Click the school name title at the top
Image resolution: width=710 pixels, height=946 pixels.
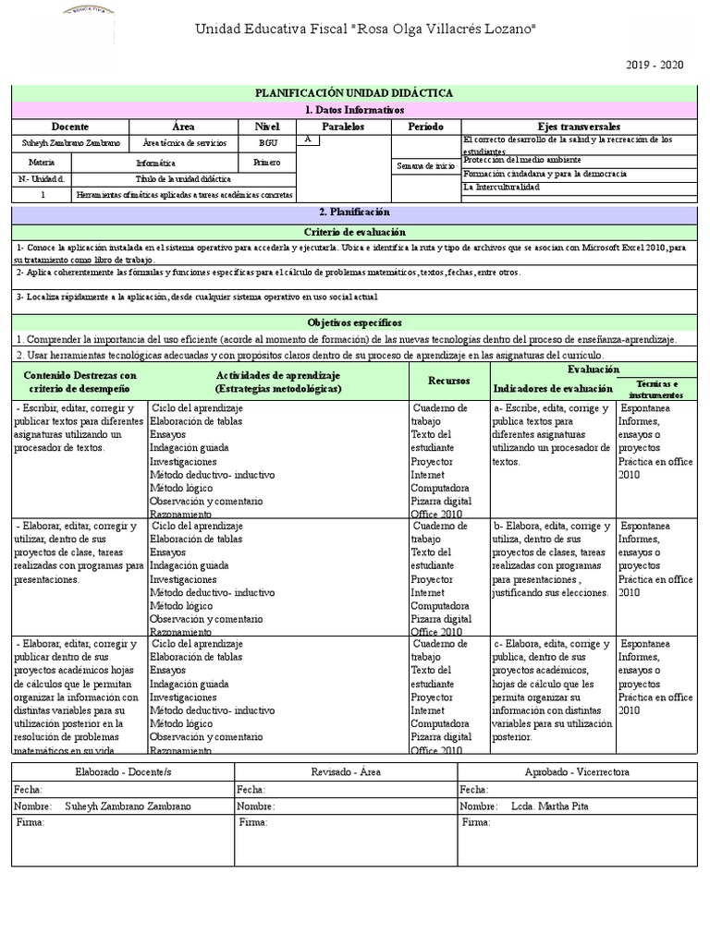365,30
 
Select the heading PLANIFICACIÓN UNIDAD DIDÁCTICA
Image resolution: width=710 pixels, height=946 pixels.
355,93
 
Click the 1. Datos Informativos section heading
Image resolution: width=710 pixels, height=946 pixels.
355,110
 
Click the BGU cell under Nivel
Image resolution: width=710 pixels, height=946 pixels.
268,143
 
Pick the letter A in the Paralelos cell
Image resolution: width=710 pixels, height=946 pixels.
307,139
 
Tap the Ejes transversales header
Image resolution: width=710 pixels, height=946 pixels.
580,126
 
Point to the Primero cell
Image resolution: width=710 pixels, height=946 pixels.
267,161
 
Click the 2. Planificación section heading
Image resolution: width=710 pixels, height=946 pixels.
355,212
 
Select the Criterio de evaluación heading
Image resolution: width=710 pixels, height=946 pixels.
355,231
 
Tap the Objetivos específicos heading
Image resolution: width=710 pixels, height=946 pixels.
355,322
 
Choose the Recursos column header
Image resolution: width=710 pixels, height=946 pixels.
448,380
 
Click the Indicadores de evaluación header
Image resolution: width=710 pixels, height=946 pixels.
552,389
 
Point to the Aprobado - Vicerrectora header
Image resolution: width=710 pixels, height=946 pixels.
578,771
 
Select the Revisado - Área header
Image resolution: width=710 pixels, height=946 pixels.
346,771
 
